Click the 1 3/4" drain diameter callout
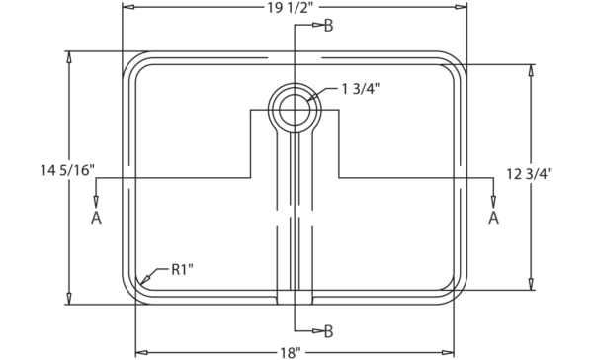pos(361,90)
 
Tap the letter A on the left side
pos(96,218)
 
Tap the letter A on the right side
pos(493,218)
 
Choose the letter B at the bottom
pos(329,331)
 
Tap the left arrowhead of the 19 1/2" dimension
pos(127,8)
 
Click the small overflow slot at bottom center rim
pos(295,296)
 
